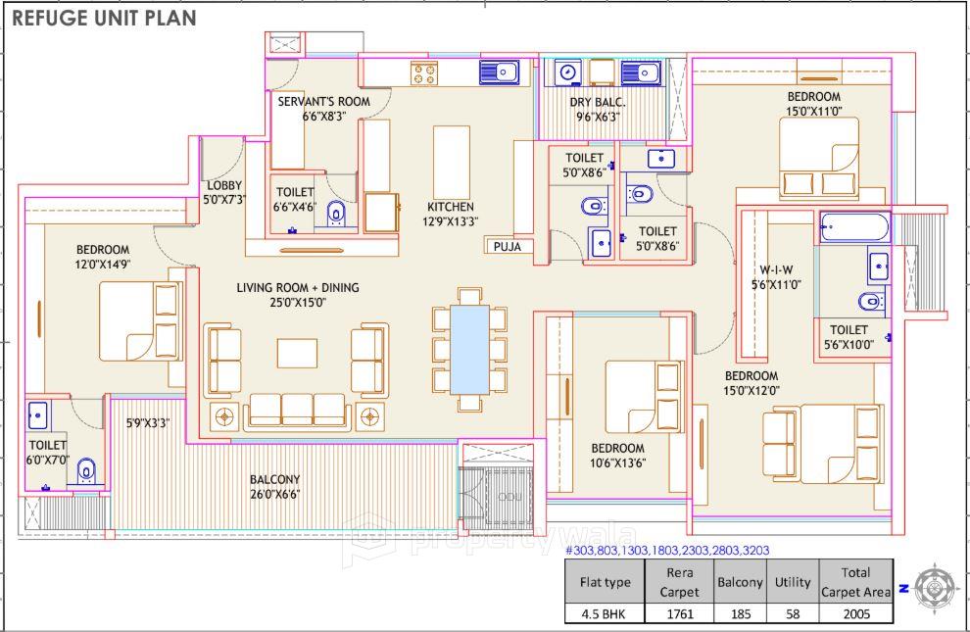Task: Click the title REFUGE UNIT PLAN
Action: click(x=104, y=18)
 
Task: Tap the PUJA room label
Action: click(x=508, y=247)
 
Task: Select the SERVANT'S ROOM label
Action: click(x=323, y=108)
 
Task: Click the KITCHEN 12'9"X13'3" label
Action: click(x=451, y=214)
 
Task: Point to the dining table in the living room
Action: click(x=470, y=350)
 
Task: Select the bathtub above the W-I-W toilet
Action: click(x=854, y=227)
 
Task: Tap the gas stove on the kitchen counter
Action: click(x=424, y=72)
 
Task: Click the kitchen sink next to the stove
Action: click(x=499, y=72)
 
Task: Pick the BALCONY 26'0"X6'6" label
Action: click(x=274, y=487)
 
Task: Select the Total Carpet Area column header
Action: click(x=855, y=581)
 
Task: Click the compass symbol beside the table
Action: click(x=935, y=588)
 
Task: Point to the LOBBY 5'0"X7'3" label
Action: click(x=224, y=192)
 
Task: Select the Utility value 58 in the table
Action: click(x=793, y=614)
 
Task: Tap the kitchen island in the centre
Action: click(x=452, y=162)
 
